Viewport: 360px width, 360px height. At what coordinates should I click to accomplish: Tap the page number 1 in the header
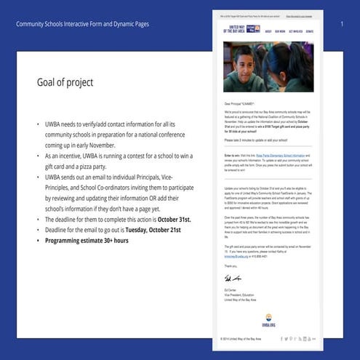tap(342, 25)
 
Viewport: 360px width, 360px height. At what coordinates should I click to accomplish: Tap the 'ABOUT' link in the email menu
tap(269, 32)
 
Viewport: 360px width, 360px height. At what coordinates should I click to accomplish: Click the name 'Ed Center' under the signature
tap(230, 289)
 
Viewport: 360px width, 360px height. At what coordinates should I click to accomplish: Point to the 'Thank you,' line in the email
tap(229, 265)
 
